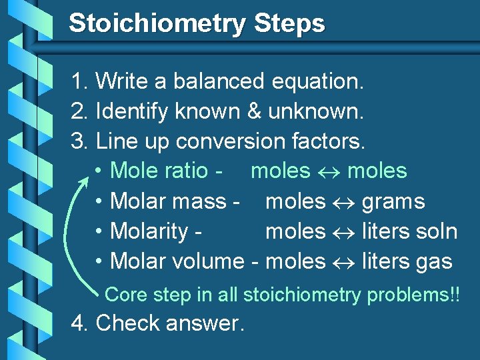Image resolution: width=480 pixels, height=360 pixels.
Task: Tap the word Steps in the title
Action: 289,24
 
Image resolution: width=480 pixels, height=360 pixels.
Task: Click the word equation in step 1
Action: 318,82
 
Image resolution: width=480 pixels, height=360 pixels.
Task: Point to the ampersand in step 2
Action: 254,111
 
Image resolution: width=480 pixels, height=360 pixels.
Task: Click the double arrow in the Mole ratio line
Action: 329,171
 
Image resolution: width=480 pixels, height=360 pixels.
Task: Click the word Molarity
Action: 149,232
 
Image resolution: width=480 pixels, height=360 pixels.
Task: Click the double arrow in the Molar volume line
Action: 343,262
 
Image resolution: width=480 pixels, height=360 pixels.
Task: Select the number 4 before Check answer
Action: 78,323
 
